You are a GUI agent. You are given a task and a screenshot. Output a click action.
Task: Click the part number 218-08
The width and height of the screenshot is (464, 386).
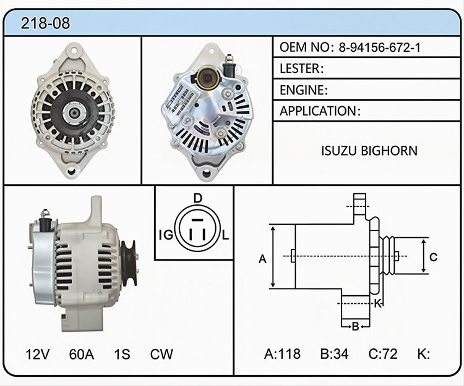pyautogui.click(x=45, y=23)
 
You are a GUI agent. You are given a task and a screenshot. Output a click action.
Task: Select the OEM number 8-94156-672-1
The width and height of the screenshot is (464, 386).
pyautogui.click(x=379, y=48)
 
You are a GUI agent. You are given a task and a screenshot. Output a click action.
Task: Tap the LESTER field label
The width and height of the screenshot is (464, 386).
pyautogui.click(x=301, y=69)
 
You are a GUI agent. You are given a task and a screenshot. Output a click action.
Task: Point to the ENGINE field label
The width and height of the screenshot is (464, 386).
pyautogui.click(x=304, y=90)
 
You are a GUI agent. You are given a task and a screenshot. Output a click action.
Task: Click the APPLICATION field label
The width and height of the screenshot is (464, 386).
pyautogui.click(x=320, y=111)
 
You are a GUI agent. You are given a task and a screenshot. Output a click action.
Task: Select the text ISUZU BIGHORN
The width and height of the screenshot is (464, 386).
pyautogui.click(x=369, y=151)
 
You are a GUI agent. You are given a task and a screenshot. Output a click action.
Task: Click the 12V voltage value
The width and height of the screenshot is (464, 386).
pyautogui.click(x=38, y=354)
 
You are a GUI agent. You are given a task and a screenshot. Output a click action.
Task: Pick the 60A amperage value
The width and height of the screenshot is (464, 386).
pyautogui.click(x=82, y=354)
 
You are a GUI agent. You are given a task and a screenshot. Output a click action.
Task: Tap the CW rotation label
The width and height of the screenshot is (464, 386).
pyautogui.click(x=161, y=354)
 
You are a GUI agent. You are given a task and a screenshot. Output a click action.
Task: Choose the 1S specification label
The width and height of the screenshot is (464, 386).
pyautogui.click(x=122, y=354)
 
